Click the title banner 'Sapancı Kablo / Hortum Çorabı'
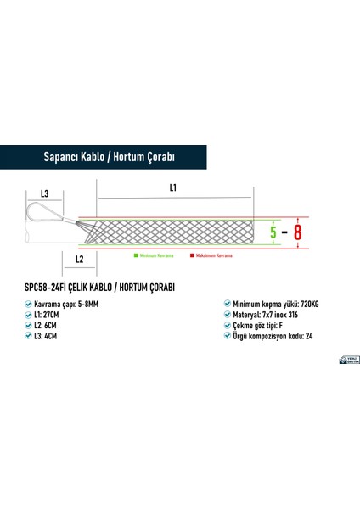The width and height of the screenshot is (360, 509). (108, 157)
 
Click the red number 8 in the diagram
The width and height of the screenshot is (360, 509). (299, 231)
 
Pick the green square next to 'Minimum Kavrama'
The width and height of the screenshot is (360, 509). (132, 255)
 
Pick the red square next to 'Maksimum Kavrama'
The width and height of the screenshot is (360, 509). (193, 255)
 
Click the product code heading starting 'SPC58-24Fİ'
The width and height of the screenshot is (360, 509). (101, 288)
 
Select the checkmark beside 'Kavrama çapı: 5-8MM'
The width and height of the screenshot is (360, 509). (31, 303)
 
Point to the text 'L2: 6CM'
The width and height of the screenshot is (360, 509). (51, 326)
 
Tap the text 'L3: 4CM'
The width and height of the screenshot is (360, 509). (51, 337)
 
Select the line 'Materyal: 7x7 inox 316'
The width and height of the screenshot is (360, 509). (265, 314)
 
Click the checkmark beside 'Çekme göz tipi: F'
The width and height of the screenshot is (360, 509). (226, 326)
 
